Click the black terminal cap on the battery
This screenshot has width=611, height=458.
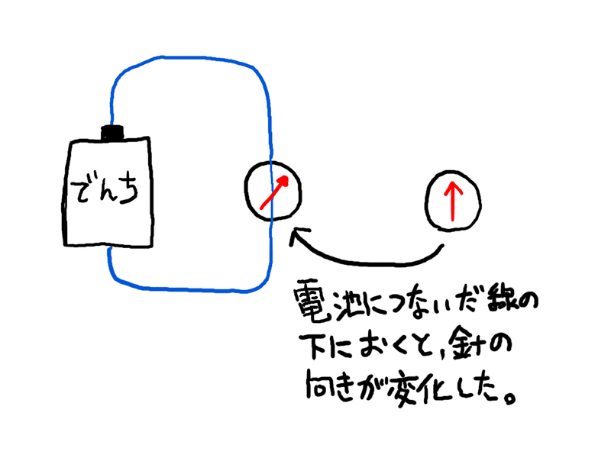pyautogui.click(x=114, y=132)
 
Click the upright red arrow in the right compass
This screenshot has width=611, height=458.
pyautogui.click(x=452, y=200)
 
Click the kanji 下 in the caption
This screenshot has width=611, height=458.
pyautogui.click(x=308, y=346)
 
